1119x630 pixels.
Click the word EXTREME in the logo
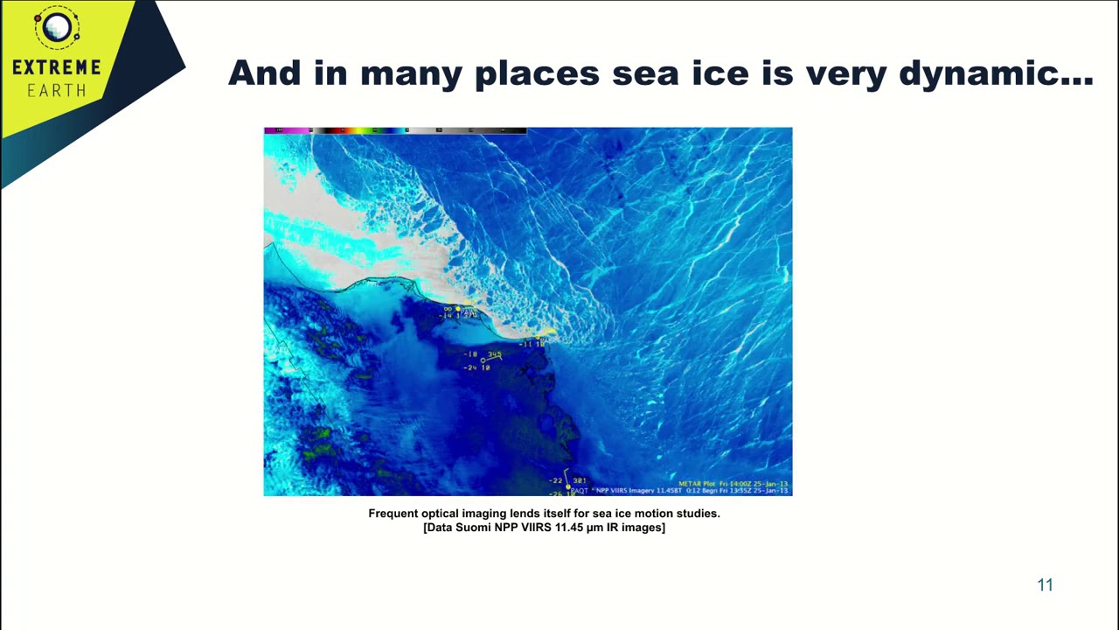(x=57, y=67)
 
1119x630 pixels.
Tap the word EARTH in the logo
(x=57, y=90)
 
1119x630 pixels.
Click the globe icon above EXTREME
(x=57, y=28)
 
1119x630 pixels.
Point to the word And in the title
(x=265, y=73)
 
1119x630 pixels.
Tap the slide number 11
(x=1045, y=585)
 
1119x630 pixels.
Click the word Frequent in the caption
(x=393, y=514)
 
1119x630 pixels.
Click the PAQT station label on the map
(x=580, y=491)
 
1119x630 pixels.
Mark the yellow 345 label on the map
(x=495, y=354)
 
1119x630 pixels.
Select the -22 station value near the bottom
(x=555, y=480)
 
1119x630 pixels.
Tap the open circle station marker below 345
(x=483, y=360)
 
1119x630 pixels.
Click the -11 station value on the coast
(x=525, y=344)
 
